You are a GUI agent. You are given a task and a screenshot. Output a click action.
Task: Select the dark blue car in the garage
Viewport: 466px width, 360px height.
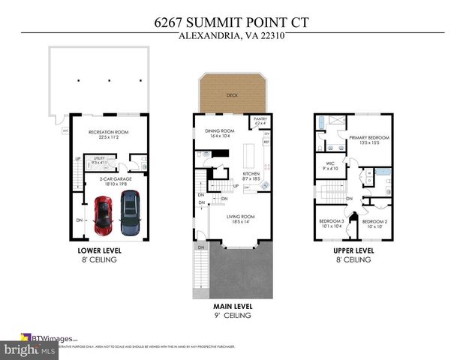[130, 211]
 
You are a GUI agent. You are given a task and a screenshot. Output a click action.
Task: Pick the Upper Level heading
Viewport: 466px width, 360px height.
[353, 251]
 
